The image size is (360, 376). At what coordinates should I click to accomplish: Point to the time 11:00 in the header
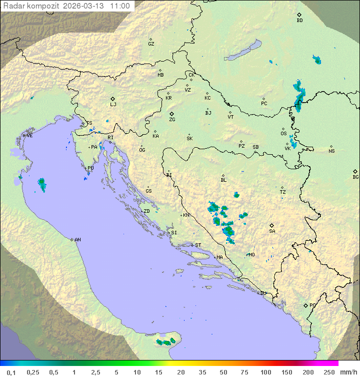pyautogui.click(x=120, y=6)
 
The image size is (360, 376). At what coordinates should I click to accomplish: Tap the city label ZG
pyautogui.click(x=172, y=120)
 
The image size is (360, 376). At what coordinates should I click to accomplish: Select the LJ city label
pyautogui.click(x=113, y=104)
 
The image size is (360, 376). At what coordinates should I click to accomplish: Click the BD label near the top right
pyautogui.click(x=299, y=21)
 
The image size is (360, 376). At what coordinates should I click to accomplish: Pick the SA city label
pyautogui.click(x=272, y=231)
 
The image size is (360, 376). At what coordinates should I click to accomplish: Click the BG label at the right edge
pyautogui.click(x=355, y=177)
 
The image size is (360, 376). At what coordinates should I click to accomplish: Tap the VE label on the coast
pyautogui.click(x=29, y=136)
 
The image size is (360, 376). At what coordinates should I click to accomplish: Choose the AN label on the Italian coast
pyautogui.click(x=77, y=240)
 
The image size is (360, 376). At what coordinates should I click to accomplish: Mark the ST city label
pyautogui.click(x=198, y=245)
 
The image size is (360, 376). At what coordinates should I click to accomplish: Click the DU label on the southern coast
pyautogui.click(x=262, y=293)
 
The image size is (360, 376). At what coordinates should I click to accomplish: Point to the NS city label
pyautogui.click(x=331, y=151)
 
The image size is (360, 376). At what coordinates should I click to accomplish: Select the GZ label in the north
pyautogui.click(x=151, y=44)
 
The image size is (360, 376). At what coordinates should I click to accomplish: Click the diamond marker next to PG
pyautogui.click(x=305, y=305)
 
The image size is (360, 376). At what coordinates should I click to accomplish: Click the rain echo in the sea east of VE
pyautogui.click(x=42, y=185)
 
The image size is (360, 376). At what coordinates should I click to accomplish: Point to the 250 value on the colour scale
pyautogui.click(x=329, y=372)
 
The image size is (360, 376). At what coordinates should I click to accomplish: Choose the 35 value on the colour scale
pyautogui.click(x=202, y=372)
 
